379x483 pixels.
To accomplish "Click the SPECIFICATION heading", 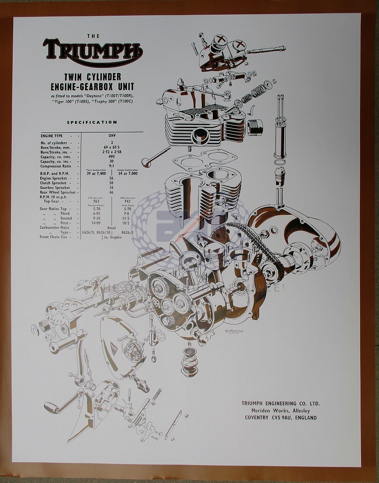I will pos(92,122).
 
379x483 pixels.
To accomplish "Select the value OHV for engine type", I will pos(112,136).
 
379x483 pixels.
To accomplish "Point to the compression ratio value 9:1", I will pos(112,166).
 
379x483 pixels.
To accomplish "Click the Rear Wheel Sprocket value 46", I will pos(112,192).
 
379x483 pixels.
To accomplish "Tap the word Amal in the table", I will pos(112,228).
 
